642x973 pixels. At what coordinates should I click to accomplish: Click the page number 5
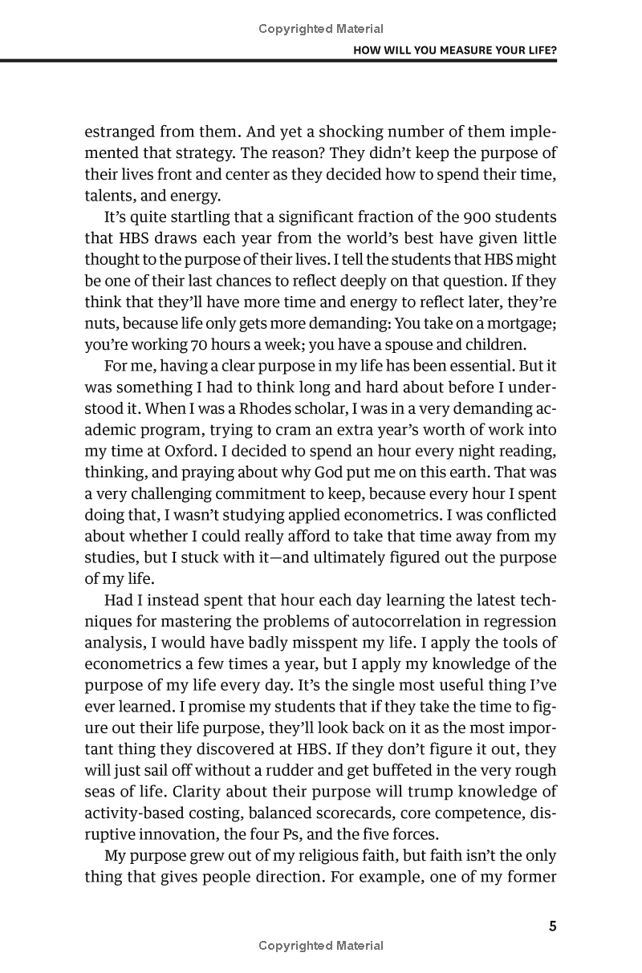point(552,926)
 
